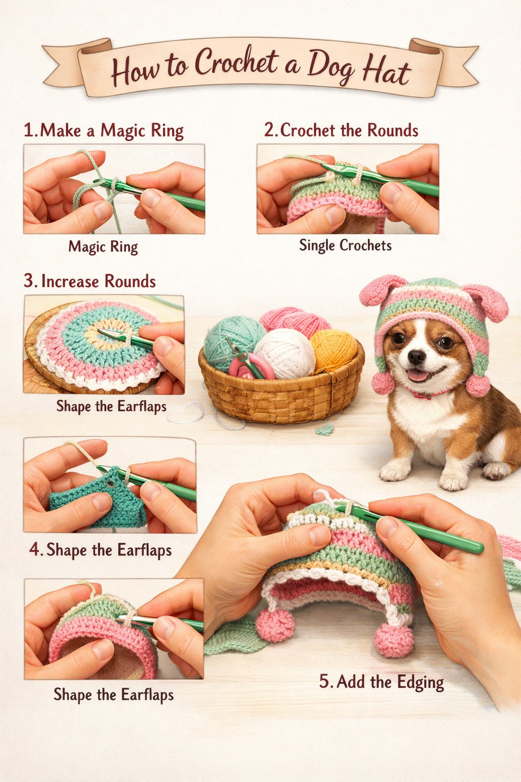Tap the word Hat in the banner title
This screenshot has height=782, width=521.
pos(386,72)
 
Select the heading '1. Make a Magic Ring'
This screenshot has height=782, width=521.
pos(104,130)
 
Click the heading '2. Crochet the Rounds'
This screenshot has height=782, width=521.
pos(341,130)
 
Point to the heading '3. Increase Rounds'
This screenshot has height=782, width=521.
pos(90,281)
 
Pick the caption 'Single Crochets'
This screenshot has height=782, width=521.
pos(345,245)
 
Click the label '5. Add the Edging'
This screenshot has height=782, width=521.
pos(381,682)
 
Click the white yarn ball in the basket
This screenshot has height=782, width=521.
pos(285,352)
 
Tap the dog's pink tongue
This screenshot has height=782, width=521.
pos(418,376)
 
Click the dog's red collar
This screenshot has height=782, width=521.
pos(426,394)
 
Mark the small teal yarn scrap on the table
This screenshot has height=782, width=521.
pos(324,430)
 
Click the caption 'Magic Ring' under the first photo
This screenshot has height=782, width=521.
pos(103,247)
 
